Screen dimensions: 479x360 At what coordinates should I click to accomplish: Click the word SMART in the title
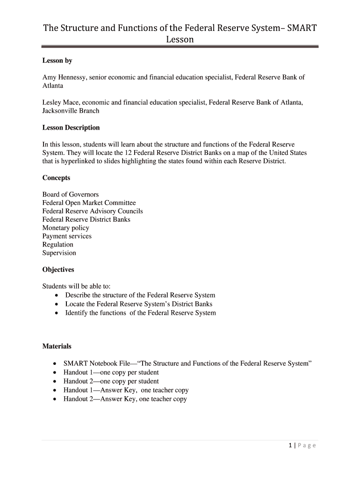302,28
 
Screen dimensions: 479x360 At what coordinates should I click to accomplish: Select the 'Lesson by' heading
57,61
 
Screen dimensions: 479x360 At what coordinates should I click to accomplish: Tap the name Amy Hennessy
64,77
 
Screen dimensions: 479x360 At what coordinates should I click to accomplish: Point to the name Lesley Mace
60,102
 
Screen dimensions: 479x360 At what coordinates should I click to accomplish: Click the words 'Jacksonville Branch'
71,111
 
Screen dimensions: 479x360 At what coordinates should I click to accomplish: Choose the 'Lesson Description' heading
71,128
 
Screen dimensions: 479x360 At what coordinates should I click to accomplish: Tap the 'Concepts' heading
56,178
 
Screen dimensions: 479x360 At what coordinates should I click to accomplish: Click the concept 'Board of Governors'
71,195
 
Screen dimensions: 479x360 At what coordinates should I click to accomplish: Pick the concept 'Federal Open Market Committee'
89,203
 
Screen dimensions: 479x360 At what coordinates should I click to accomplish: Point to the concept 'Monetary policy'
65,228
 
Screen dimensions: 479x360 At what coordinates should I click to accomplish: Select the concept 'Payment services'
67,236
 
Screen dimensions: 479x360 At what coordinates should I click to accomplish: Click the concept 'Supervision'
59,253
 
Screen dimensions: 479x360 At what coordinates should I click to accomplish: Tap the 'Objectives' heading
58,270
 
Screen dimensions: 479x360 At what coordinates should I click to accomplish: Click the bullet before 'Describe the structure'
57,296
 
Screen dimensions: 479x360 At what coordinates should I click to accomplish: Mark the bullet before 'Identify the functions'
57,313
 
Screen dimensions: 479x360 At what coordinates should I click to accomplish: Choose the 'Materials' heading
57,347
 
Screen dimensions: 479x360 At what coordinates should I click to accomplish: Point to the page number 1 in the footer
290,445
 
